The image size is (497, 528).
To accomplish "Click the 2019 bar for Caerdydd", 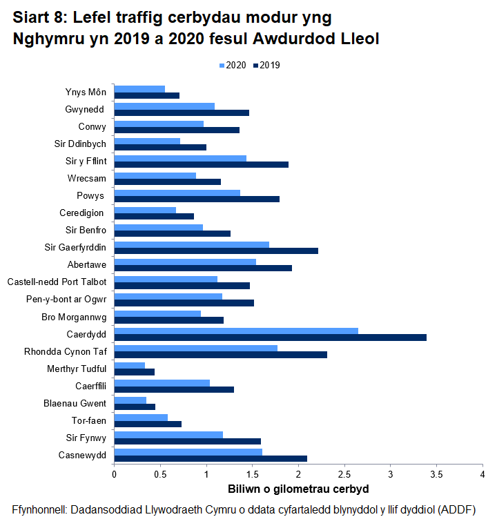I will (x=270, y=338).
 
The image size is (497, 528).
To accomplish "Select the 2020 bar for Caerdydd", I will (x=236, y=331).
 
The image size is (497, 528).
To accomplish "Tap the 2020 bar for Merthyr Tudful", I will (x=129, y=365).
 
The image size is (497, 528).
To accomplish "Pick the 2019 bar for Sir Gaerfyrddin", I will (x=216, y=251).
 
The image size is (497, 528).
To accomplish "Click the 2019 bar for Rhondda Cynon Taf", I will (x=220, y=355).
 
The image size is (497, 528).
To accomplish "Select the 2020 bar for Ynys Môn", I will (x=139, y=89).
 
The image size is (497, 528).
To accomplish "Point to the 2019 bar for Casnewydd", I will (x=211, y=458).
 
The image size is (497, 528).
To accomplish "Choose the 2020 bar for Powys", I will (x=177, y=193).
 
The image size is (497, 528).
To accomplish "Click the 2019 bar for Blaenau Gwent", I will (x=135, y=407).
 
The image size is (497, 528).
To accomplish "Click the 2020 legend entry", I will (x=232, y=66).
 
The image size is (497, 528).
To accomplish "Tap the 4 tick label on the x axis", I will (x=483, y=475).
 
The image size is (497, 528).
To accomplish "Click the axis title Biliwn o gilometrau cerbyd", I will (x=298, y=489).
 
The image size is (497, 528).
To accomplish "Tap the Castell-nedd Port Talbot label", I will (x=57, y=282).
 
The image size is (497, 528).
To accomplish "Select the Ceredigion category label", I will (x=81, y=213).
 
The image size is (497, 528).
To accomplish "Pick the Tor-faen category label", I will (x=89, y=420).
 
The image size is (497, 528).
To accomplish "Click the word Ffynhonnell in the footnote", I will (x=40, y=509).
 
